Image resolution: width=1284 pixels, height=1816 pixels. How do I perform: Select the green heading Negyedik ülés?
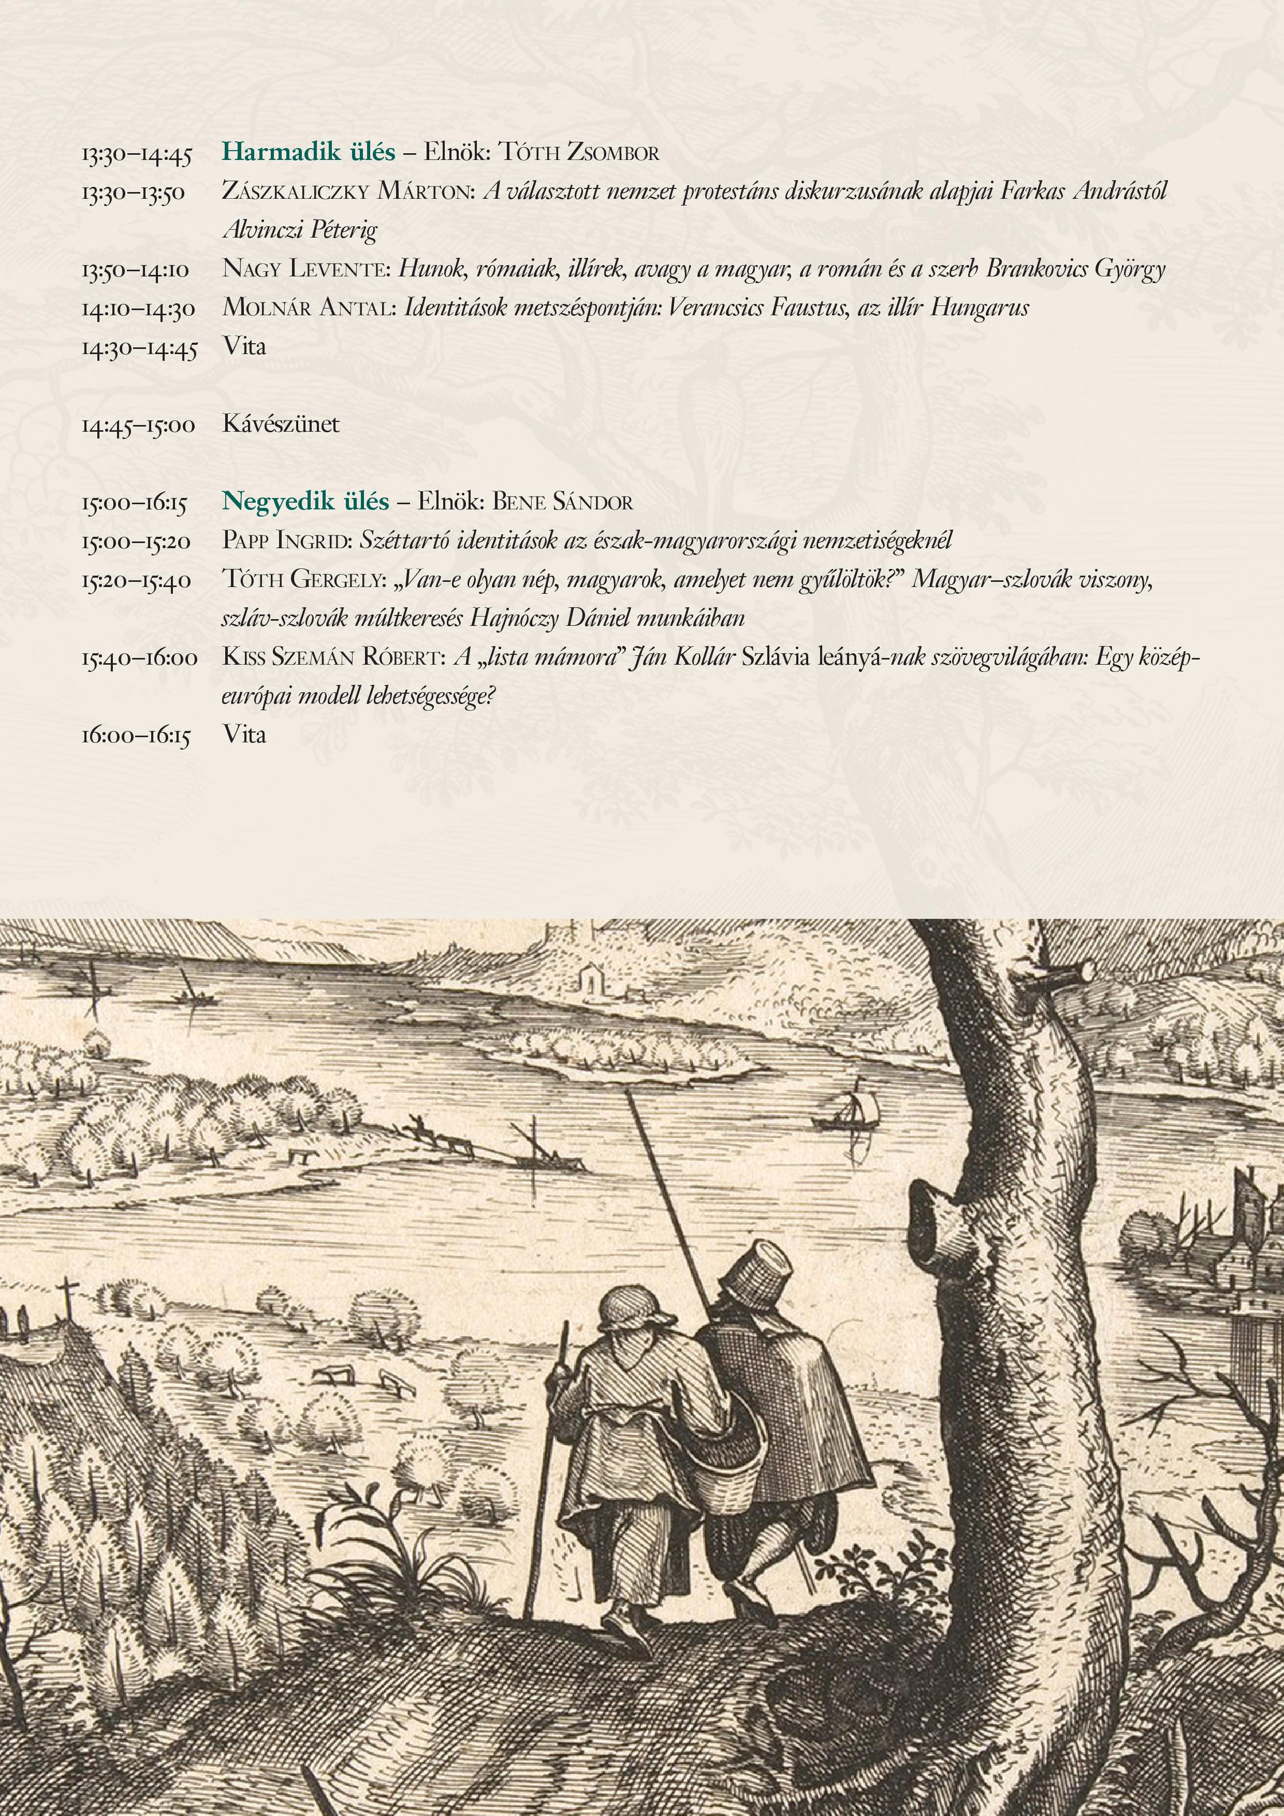[x=305, y=502]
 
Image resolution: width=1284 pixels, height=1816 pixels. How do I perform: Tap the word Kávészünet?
[x=281, y=424]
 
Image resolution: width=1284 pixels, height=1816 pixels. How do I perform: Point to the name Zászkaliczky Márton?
[x=348, y=192]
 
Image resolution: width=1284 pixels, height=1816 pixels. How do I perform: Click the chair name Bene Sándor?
[x=562, y=502]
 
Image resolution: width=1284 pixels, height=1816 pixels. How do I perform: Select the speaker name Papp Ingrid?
[x=286, y=541]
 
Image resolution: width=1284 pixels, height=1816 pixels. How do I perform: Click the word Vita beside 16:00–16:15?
[x=244, y=735]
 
